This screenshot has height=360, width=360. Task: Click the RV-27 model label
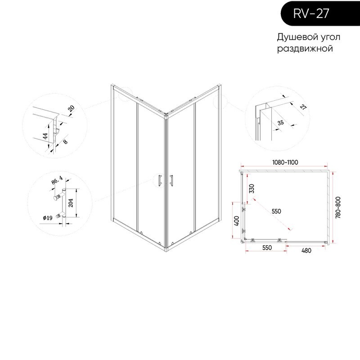pyautogui.click(x=311, y=13)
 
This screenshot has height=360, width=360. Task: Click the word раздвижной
pyautogui.click(x=305, y=49)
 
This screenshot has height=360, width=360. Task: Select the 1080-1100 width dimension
pyautogui.click(x=285, y=162)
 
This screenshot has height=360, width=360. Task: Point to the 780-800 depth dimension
pyautogui.click(x=338, y=207)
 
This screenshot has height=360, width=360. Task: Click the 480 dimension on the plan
pyautogui.click(x=306, y=251)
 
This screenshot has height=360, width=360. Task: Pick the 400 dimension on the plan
pyautogui.click(x=237, y=220)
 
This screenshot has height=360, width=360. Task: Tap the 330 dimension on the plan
pyautogui.click(x=252, y=189)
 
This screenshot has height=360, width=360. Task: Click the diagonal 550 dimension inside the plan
pyautogui.click(x=276, y=211)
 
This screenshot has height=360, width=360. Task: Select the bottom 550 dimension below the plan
pyautogui.click(x=267, y=248)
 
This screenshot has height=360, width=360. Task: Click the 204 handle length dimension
pyautogui.click(x=71, y=203)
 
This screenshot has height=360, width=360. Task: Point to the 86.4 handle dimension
pyautogui.click(x=57, y=180)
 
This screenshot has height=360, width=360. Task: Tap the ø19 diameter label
pyautogui.click(x=48, y=218)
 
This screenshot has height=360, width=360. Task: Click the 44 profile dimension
pyautogui.click(x=45, y=136)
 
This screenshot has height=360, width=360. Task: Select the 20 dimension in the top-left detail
pyautogui.click(x=71, y=108)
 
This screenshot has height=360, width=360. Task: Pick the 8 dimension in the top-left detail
pyautogui.click(x=65, y=142)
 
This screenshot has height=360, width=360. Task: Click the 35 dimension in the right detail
pyautogui.click(x=280, y=122)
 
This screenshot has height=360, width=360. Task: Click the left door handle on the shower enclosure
pyautogui.click(x=160, y=180)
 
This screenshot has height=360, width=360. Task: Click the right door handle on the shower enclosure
pyautogui.click(x=171, y=180)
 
